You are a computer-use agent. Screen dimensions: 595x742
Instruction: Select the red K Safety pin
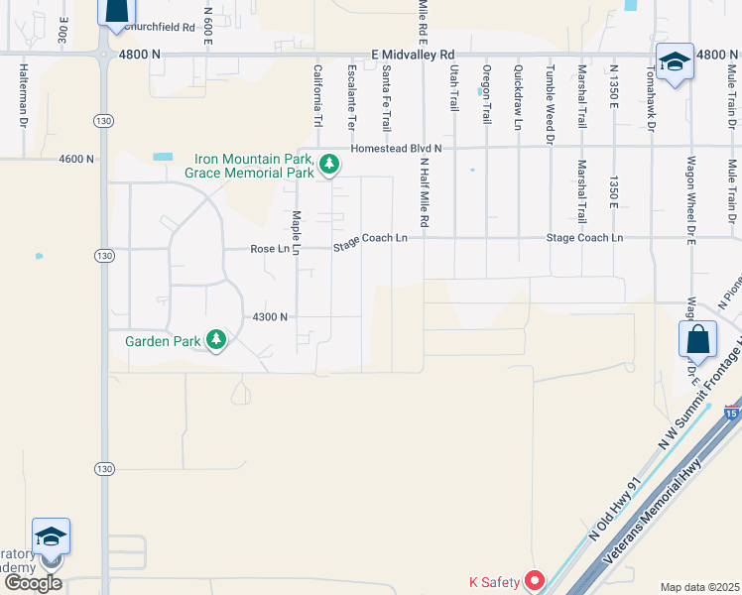(535, 580)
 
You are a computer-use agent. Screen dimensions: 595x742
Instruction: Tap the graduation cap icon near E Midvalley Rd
(675, 61)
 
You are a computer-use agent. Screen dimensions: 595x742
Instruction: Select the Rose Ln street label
(270, 249)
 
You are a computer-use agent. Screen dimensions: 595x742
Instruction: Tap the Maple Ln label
(296, 232)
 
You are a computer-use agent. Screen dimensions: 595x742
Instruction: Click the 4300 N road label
(270, 317)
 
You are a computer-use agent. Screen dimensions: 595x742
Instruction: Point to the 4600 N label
(76, 159)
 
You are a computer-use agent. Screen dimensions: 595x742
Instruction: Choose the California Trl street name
(318, 95)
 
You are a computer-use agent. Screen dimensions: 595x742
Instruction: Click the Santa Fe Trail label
(386, 98)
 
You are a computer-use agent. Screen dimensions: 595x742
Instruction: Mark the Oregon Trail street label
(486, 94)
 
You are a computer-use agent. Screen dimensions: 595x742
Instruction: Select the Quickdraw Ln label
(518, 98)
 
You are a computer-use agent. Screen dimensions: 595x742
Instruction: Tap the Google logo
(34, 582)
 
